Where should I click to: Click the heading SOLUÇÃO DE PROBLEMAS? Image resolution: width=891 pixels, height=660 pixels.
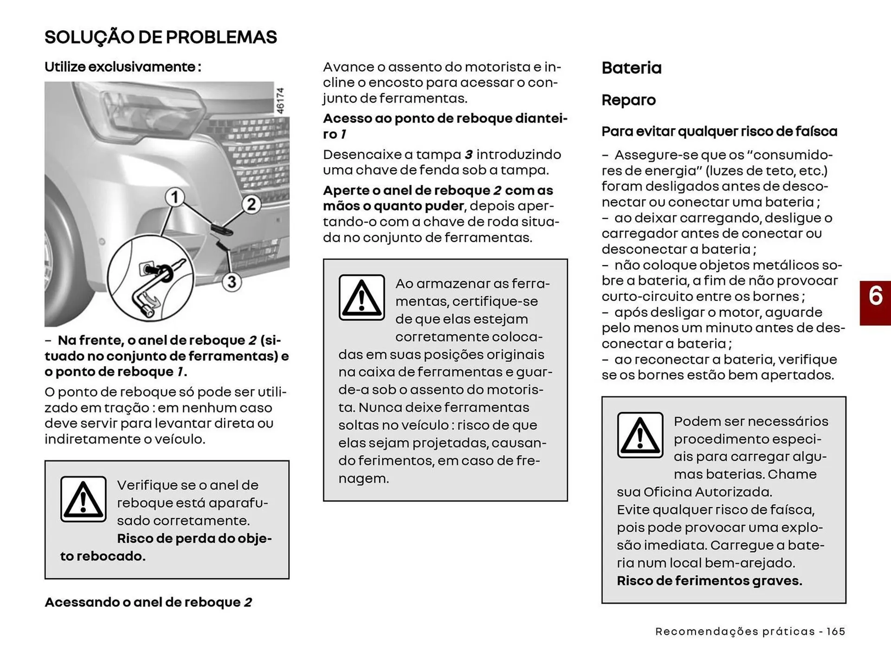click(161, 37)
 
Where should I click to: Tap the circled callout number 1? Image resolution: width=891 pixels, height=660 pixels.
click(174, 197)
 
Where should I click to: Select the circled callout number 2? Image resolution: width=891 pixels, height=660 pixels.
click(251, 204)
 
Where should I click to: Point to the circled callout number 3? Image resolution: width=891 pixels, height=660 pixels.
click(232, 281)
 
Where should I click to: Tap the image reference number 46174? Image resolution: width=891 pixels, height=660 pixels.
click(280, 101)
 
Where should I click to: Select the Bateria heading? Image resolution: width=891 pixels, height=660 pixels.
click(631, 68)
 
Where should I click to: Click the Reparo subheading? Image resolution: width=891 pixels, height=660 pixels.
click(628, 100)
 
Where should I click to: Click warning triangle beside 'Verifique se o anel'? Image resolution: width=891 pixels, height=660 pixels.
click(84, 499)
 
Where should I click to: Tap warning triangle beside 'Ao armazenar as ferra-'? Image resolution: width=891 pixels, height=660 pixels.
click(362, 298)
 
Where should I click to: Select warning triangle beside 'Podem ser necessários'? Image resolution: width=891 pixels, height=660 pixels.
click(640, 435)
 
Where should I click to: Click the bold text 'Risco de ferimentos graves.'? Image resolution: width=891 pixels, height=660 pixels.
click(709, 581)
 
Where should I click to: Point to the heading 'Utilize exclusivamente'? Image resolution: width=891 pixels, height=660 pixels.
click(123, 67)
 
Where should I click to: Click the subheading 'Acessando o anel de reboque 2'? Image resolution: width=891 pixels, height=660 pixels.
click(148, 602)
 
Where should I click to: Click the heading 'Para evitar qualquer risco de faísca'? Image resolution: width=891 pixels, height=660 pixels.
click(719, 131)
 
